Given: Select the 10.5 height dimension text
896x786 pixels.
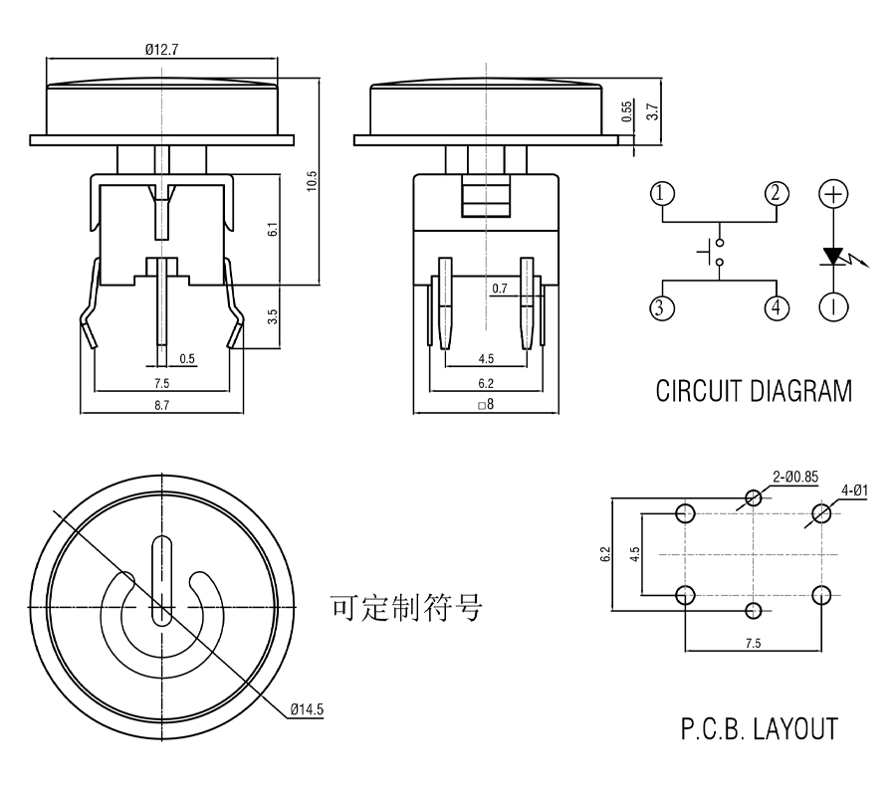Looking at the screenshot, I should tap(312, 180).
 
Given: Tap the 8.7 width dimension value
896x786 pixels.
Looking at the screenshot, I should tap(160, 404).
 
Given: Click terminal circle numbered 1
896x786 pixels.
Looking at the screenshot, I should tap(664, 193).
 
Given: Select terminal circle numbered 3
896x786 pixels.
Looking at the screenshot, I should tap(664, 307).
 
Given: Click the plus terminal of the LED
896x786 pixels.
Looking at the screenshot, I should tap(834, 193).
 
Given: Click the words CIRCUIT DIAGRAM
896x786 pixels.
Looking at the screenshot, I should tap(754, 391).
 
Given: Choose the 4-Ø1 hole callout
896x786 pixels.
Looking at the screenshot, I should tap(854, 489).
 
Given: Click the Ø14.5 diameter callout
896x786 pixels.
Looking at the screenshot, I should tap(308, 709).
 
